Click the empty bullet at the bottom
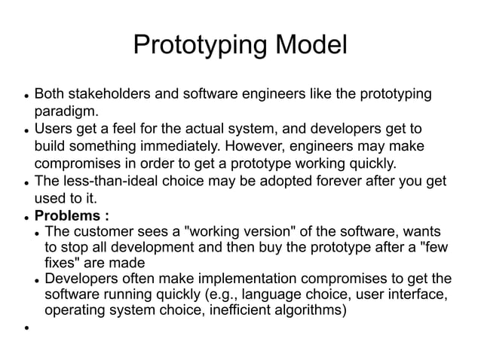tap(26, 328)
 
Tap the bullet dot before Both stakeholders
tap(26, 96)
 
